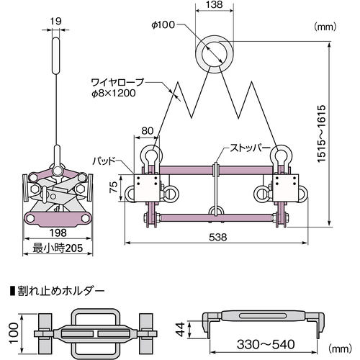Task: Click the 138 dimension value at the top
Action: (214, 4)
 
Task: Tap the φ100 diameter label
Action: (163, 24)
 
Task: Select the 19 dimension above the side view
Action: (55, 21)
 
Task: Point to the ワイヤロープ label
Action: (117, 82)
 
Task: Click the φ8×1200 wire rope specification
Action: (114, 93)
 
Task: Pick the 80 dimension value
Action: (147, 131)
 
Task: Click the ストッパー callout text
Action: (251, 148)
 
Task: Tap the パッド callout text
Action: (104, 161)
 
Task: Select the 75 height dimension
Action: (114, 187)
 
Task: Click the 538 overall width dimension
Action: (218, 237)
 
